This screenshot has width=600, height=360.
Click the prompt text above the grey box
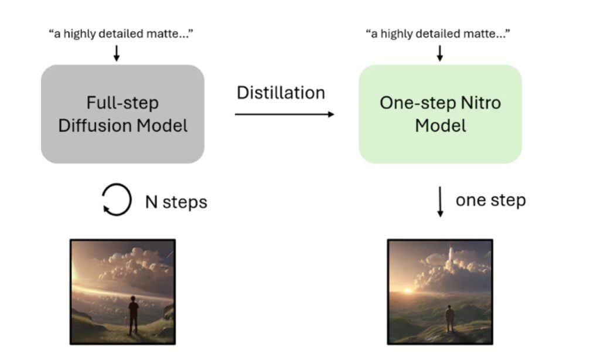point(121,34)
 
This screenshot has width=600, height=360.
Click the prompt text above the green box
point(438,34)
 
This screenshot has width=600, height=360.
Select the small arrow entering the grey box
point(116,53)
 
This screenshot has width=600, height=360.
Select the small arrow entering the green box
point(440,53)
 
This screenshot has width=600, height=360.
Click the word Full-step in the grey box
point(122,103)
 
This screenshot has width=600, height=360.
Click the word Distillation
point(281,93)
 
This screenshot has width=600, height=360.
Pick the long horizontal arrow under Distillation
point(284,114)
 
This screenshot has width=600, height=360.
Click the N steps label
point(176,202)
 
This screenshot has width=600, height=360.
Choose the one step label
point(490,200)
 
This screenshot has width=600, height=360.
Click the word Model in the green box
point(440,125)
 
